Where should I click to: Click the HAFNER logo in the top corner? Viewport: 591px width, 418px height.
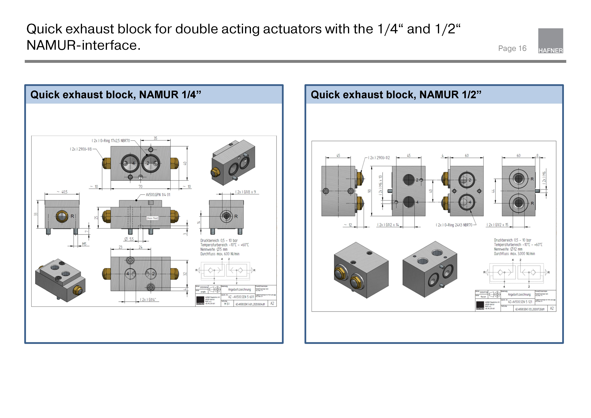click(x=550, y=41)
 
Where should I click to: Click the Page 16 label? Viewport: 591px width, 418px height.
click(x=512, y=48)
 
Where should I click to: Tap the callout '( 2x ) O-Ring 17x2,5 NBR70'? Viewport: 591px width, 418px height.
click(x=111, y=141)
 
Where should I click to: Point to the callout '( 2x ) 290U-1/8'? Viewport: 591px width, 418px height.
click(x=81, y=149)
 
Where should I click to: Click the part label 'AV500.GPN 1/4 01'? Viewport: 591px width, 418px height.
click(x=158, y=195)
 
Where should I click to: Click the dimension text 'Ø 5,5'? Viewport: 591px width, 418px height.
click(x=129, y=239)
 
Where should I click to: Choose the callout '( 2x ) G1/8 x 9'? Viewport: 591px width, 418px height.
click(x=246, y=192)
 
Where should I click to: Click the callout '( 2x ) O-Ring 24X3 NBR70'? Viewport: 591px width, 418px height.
click(x=454, y=225)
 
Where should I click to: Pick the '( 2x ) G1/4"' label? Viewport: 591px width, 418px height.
click(x=148, y=300)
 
